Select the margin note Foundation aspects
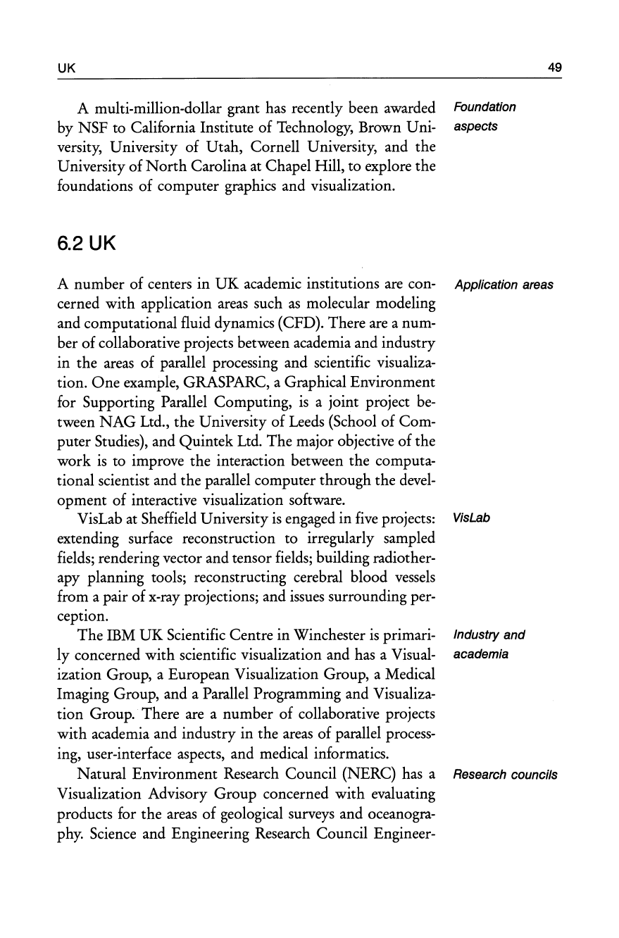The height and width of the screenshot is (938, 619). coord(484,117)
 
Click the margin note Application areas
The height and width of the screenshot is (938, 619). coord(504,285)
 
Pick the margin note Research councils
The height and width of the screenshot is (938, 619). coord(506,775)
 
